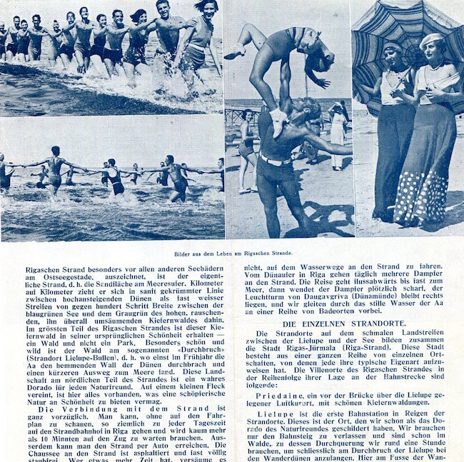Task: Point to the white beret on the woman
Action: coord(431,40)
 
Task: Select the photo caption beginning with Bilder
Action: coord(232,253)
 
